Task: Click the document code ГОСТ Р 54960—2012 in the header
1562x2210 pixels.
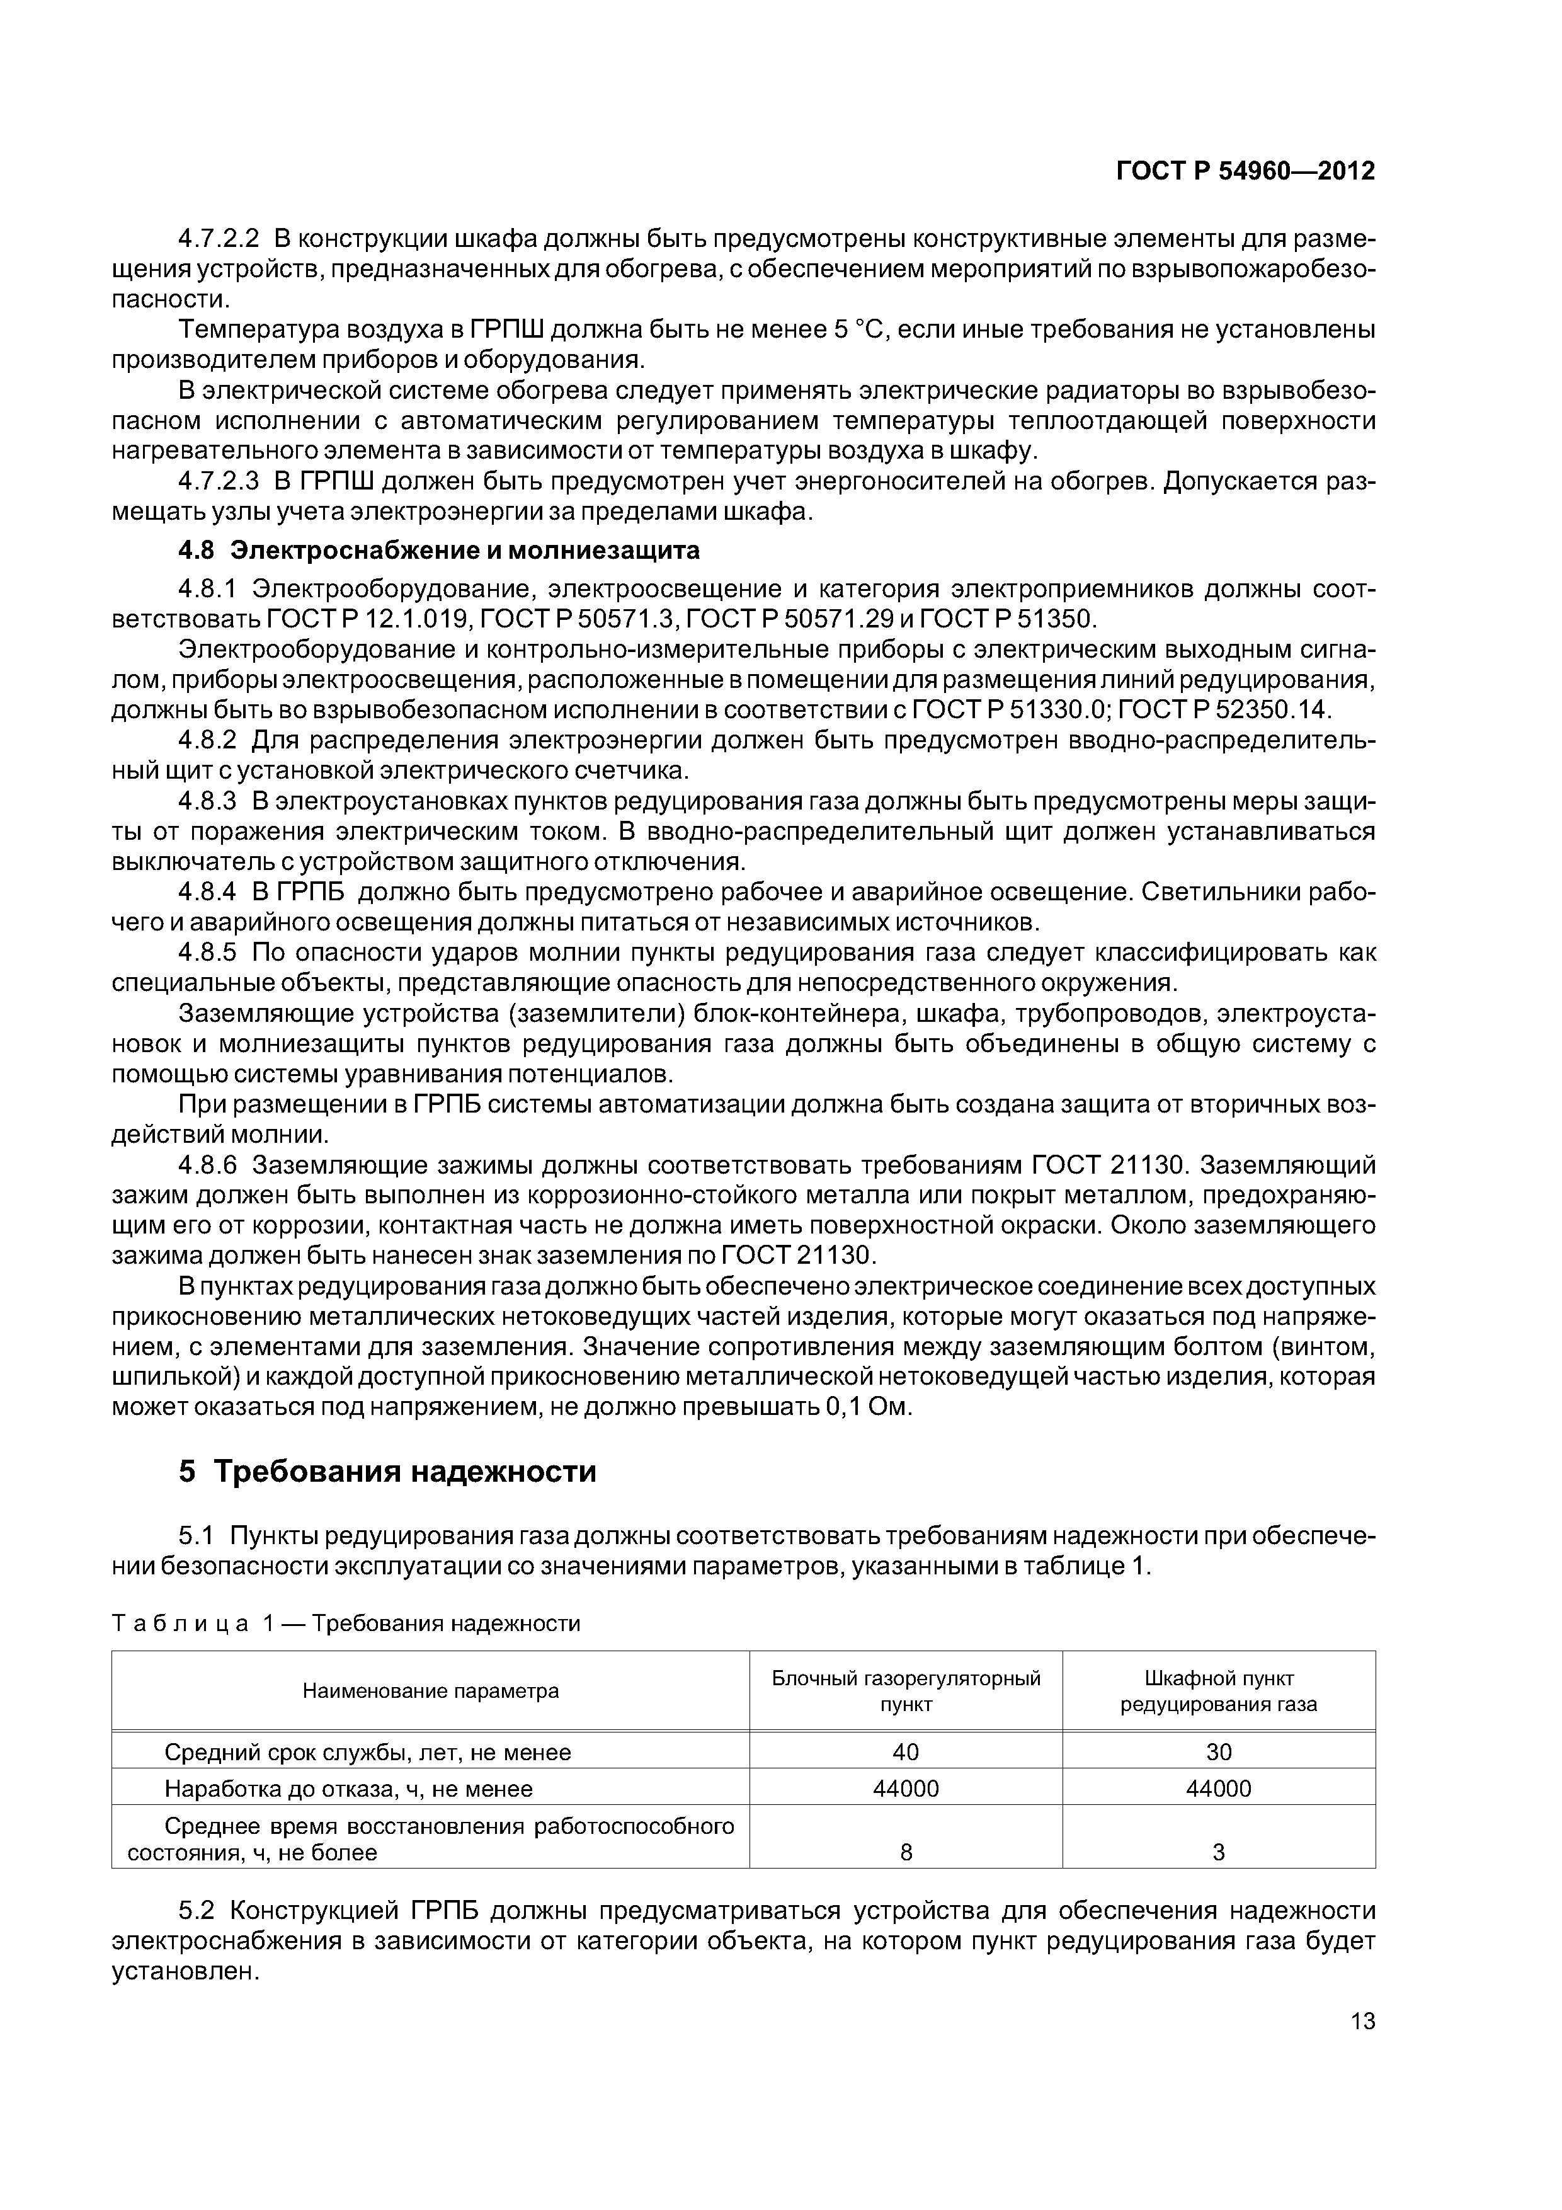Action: pyautogui.click(x=1245, y=171)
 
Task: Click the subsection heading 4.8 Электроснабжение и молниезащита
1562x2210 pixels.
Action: pyautogui.click(x=439, y=551)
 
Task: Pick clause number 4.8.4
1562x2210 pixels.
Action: pyautogui.click(x=207, y=892)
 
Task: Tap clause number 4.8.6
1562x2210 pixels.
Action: pyautogui.click(x=207, y=1165)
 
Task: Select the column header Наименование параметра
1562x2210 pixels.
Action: pyautogui.click(x=430, y=1691)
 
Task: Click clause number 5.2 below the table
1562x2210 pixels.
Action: pyautogui.click(x=200, y=1909)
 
